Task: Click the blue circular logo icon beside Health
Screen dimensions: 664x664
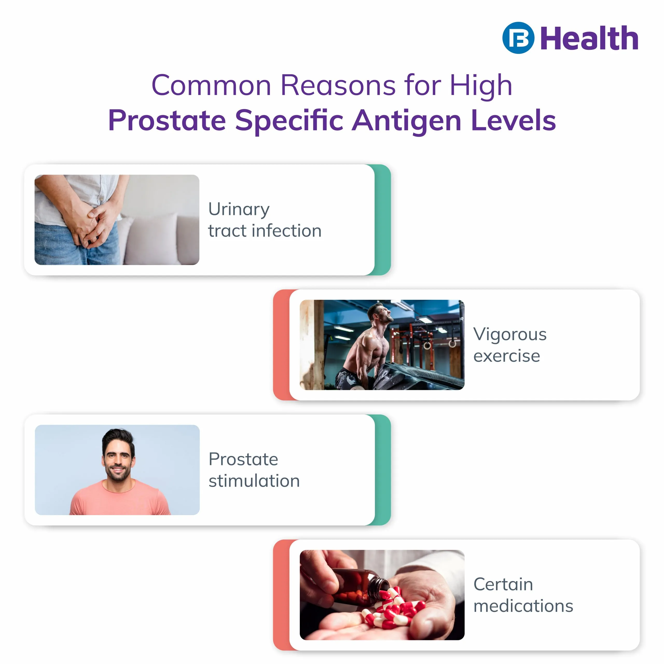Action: pyautogui.click(x=518, y=38)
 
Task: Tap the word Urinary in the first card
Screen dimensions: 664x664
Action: pyautogui.click(x=239, y=209)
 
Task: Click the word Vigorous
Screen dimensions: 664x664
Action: pyautogui.click(x=510, y=334)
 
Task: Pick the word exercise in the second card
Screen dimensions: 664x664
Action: pyautogui.click(x=507, y=356)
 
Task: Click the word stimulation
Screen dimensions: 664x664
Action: pyautogui.click(x=254, y=481)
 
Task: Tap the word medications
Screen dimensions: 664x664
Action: pyautogui.click(x=523, y=606)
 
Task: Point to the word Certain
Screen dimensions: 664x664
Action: pyautogui.click(x=503, y=584)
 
